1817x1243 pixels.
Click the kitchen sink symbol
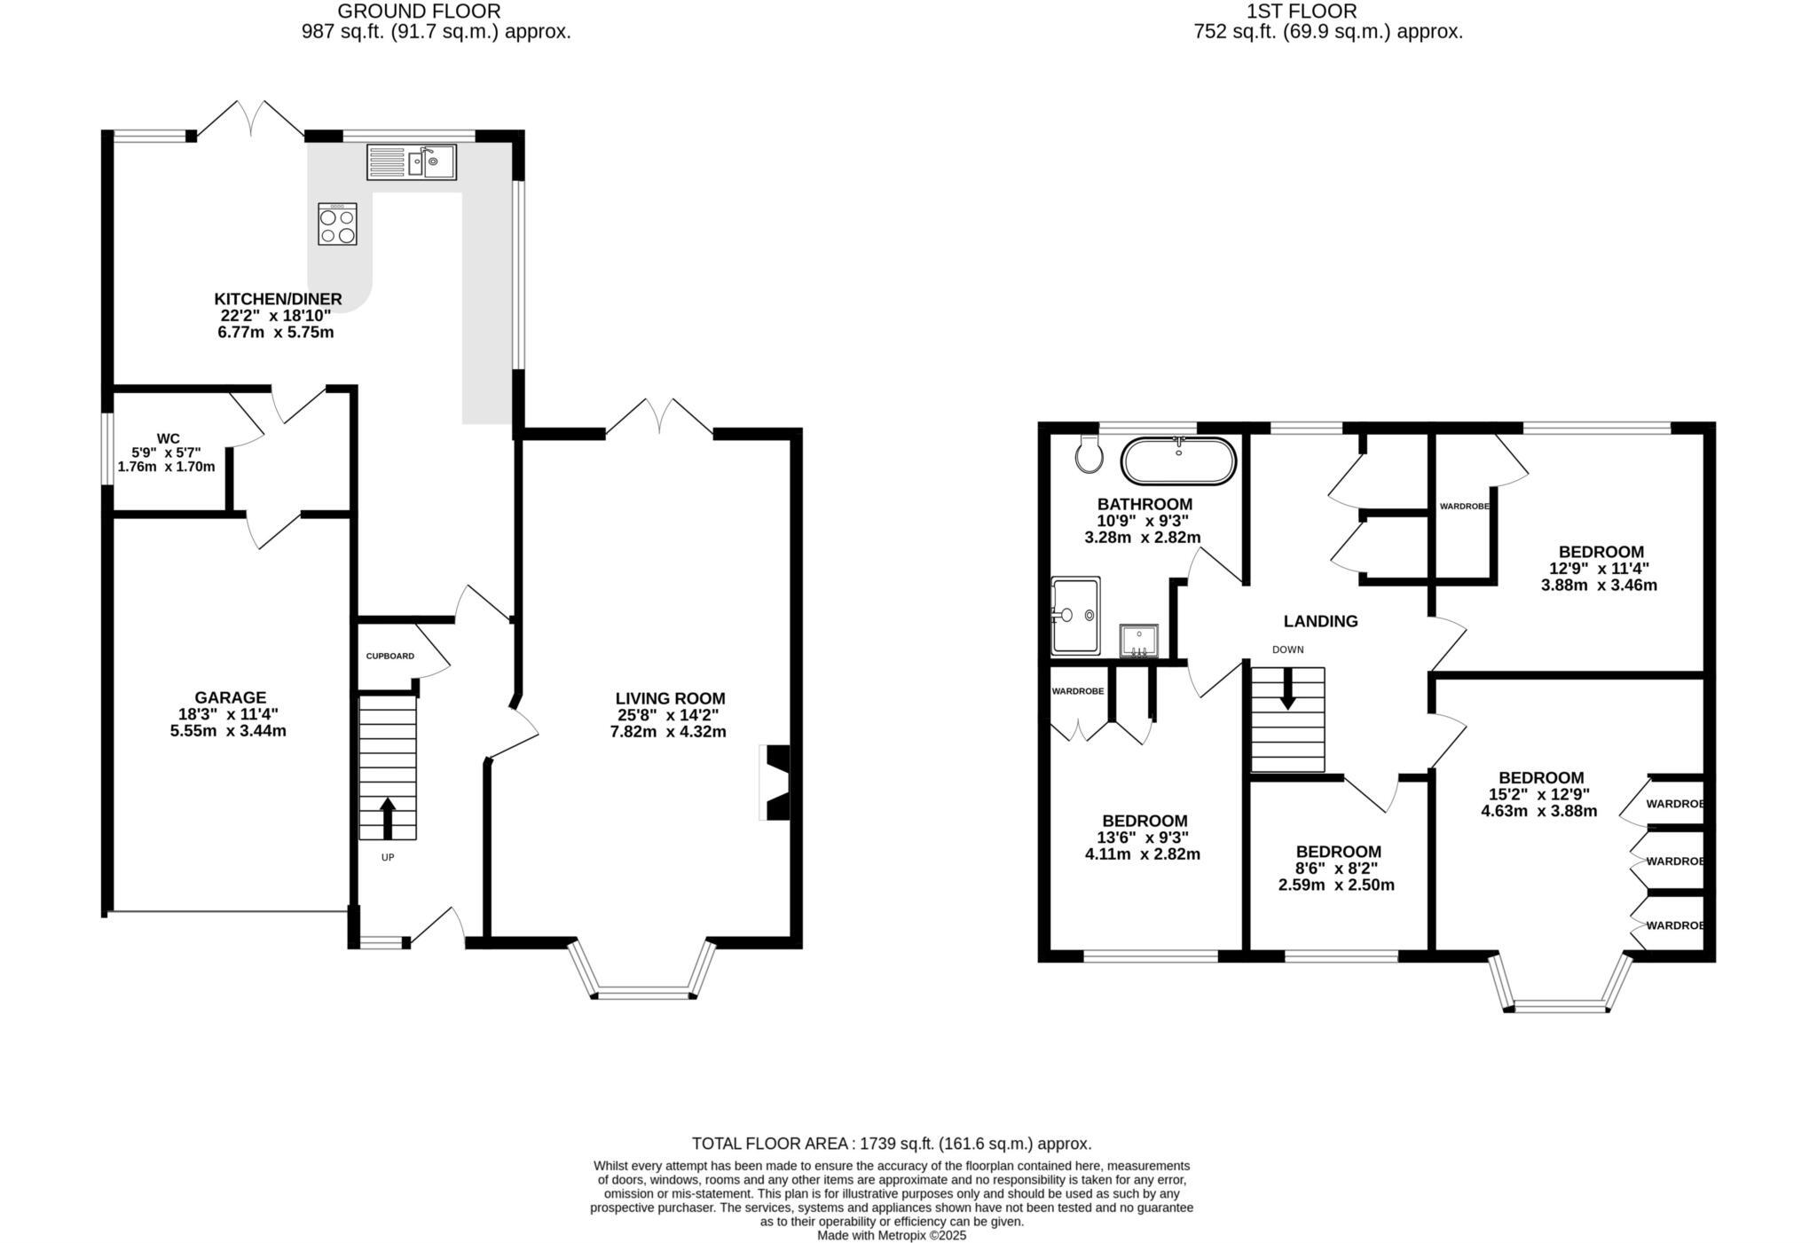click(412, 162)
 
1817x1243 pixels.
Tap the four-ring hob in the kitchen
click(338, 224)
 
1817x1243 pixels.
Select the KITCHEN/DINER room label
click(278, 299)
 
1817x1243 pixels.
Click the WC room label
click(168, 438)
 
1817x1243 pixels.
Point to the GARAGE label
click(230, 697)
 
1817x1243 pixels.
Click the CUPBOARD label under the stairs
click(389, 657)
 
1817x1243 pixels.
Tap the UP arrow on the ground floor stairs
click(388, 817)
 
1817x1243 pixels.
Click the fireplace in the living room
click(775, 783)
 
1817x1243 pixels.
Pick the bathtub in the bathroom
click(1178, 461)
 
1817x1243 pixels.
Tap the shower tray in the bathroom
click(1075, 615)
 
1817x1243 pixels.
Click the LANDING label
click(1320, 621)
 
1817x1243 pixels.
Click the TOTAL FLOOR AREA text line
click(891, 1144)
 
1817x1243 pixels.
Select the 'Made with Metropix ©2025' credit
click(891, 1235)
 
